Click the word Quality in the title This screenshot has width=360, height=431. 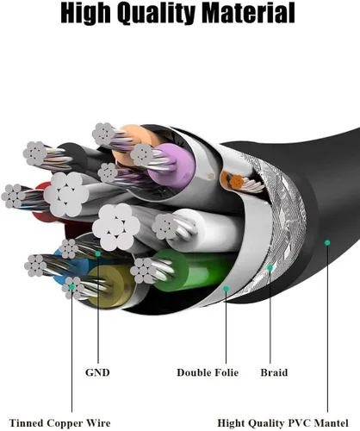(156, 14)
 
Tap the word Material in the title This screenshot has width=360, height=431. (248, 13)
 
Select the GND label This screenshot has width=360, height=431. (97, 372)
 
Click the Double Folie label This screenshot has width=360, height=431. (208, 372)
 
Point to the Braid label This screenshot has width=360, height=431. (274, 372)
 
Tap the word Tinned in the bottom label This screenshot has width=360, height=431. (26, 423)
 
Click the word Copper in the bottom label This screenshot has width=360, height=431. (65, 423)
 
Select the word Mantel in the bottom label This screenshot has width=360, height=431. (331, 423)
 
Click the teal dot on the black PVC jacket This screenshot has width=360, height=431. (327, 242)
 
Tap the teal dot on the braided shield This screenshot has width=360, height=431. (270, 268)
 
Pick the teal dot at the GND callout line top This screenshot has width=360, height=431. (98, 253)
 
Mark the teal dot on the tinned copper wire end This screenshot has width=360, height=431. (71, 287)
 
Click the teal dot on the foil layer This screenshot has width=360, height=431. (226, 289)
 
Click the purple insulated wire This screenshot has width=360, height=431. (173, 166)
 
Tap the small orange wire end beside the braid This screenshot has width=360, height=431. (237, 182)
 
